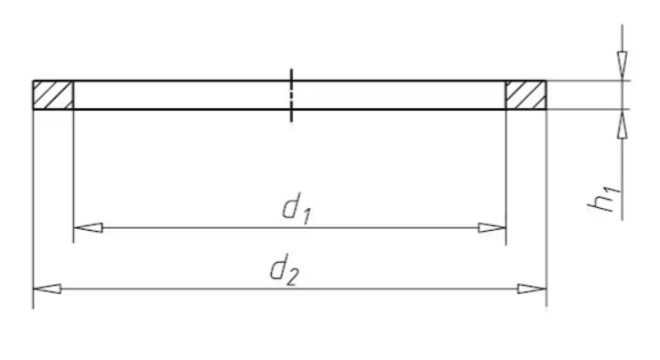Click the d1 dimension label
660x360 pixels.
point(297,209)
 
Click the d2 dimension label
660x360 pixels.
point(285,269)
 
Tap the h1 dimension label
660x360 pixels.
point(604,200)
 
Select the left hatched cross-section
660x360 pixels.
point(53,95)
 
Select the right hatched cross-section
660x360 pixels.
point(526,95)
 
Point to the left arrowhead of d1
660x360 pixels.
point(88,228)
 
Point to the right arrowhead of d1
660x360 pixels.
point(492,228)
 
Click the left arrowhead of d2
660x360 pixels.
point(48,289)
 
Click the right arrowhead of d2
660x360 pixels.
point(533,289)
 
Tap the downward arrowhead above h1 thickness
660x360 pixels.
point(622,65)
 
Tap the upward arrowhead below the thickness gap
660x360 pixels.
point(622,124)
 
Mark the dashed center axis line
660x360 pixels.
point(291,95)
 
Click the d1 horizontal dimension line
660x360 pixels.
point(290,228)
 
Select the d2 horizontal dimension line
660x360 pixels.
point(290,289)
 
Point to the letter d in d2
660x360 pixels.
point(278,267)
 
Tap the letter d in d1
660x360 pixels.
point(291,205)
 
